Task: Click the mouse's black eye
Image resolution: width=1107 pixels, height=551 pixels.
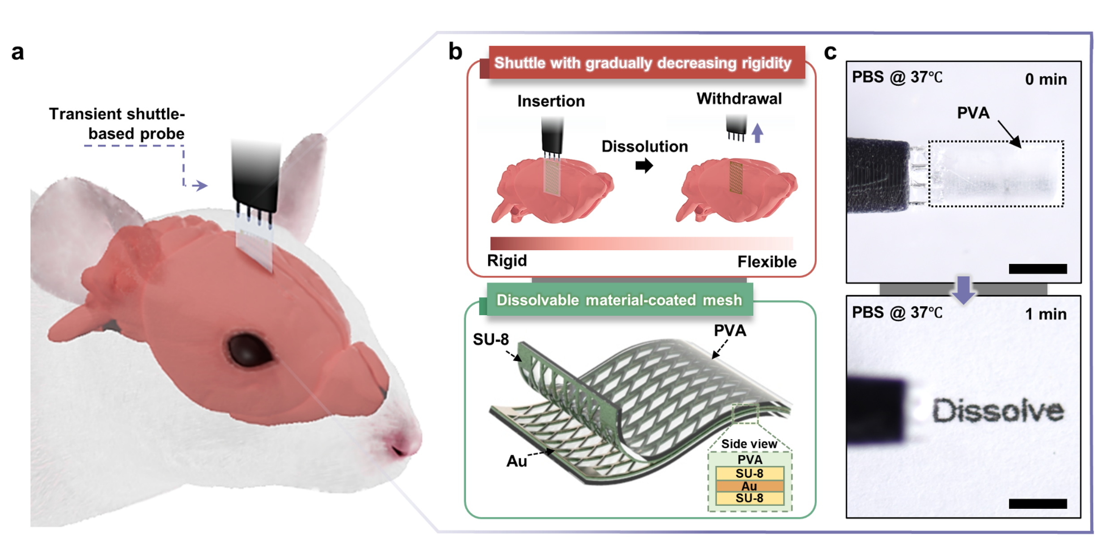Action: pos(249,350)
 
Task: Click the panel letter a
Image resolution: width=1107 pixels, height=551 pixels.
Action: pos(17,52)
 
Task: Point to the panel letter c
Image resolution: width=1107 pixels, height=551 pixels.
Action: pos(830,52)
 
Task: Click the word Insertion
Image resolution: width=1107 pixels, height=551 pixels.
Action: pos(551,101)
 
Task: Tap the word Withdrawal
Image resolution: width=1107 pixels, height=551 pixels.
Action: pos(739,98)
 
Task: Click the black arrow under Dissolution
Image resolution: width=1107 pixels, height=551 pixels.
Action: pos(644,166)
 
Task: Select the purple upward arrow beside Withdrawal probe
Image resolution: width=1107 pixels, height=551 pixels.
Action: pos(757,133)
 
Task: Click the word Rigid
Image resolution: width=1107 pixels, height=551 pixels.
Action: pos(507,261)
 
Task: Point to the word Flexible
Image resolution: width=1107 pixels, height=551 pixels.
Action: pos(767,261)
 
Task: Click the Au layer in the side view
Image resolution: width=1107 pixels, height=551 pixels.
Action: pos(750,486)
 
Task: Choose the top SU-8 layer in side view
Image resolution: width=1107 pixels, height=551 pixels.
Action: pos(750,474)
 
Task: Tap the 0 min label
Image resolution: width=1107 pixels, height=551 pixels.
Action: pos(1046,80)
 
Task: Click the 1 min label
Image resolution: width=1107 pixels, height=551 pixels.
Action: pos(1046,314)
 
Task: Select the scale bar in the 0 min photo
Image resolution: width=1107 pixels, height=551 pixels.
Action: pos(1038,269)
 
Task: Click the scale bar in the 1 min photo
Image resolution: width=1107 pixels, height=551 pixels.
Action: pos(1038,504)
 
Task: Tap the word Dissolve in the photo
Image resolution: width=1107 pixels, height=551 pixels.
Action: pos(998,410)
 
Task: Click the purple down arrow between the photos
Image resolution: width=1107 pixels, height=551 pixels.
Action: pos(963,290)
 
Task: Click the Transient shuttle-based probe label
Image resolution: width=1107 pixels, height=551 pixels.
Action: pos(117,124)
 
